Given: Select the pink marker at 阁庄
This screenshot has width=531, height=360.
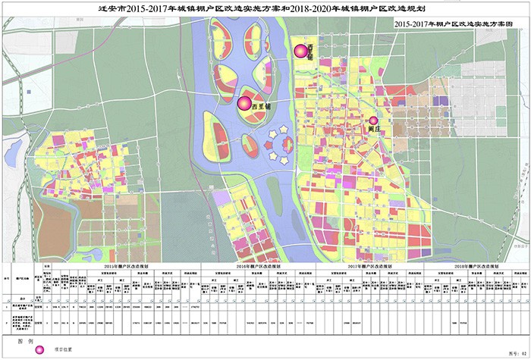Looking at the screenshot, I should click(x=372, y=120).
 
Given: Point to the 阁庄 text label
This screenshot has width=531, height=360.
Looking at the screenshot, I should click(x=372, y=130).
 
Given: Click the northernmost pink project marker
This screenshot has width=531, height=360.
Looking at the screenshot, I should click(x=300, y=51).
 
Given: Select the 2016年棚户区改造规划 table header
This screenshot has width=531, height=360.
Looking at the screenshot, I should click(x=258, y=268).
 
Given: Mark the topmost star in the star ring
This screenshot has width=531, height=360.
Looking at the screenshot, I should click(x=284, y=130).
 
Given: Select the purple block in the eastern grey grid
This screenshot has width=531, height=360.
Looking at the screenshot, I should click(x=440, y=99).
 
